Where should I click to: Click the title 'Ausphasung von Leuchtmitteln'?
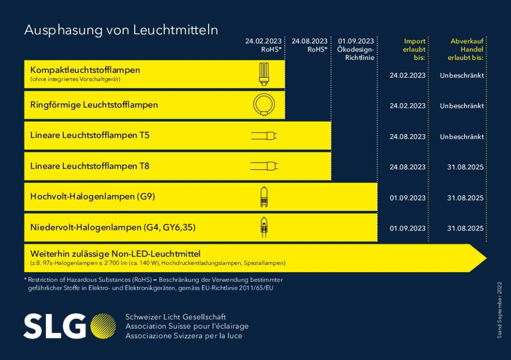(x=121, y=30)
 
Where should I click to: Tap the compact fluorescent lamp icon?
(x=264, y=74)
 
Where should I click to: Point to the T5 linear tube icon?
(x=264, y=136)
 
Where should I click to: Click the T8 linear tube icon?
(x=264, y=166)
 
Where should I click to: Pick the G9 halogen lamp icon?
(x=263, y=196)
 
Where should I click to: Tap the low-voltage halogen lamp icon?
(x=263, y=227)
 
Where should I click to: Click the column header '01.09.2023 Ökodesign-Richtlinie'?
(x=356, y=49)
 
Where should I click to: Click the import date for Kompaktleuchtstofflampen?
(x=407, y=75)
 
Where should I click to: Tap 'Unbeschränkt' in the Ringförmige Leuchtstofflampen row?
(x=462, y=106)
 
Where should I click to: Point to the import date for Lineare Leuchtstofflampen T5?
(x=407, y=137)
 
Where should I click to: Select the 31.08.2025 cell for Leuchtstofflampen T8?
(x=465, y=167)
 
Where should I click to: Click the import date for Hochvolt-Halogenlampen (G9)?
(x=407, y=197)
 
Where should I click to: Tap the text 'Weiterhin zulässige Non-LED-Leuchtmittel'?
(x=115, y=253)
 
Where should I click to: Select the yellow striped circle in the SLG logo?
(x=103, y=326)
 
